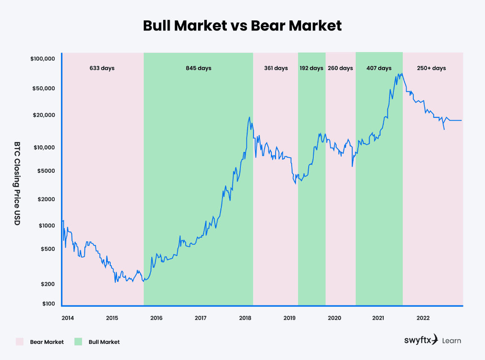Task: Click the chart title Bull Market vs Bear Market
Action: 242,25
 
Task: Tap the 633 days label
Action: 102,68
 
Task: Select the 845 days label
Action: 198,68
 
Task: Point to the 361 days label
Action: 276,68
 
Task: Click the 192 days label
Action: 311,68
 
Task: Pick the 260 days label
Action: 340,68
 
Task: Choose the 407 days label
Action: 379,68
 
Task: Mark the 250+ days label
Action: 431,68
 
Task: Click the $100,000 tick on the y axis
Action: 43,59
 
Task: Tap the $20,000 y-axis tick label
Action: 45,115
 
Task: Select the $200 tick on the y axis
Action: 48,284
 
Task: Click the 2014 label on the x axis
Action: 67,318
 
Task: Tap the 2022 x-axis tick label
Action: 423,318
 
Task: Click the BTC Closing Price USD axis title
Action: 17,183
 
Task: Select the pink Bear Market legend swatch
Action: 19,342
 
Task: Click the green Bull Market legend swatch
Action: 78,342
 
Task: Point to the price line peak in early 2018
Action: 249,117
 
